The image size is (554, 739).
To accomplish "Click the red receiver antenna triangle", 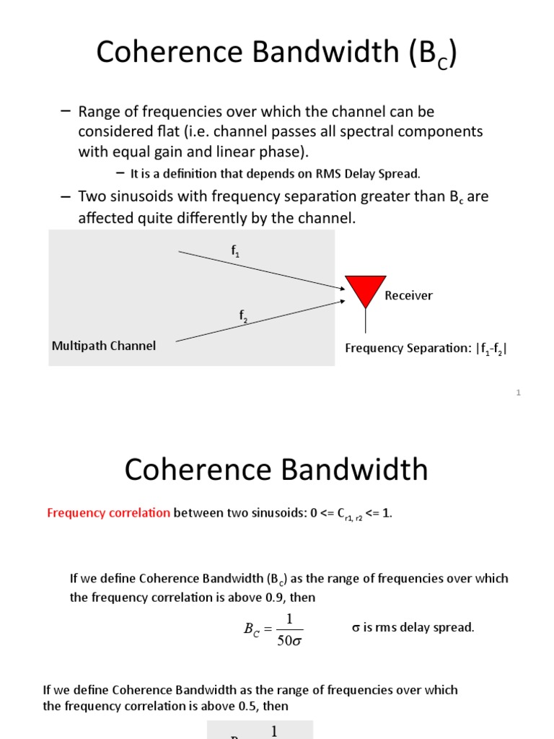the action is click(x=366, y=289).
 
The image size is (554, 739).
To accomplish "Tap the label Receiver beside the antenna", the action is click(x=408, y=295).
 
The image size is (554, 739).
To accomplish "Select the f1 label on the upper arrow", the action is click(x=235, y=252).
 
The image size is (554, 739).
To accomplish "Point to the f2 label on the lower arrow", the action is click(x=244, y=315).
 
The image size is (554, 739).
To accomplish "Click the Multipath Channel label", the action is click(x=104, y=346).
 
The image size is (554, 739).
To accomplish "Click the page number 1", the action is click(x=518, y=393).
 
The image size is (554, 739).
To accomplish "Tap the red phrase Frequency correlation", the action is click(x=109, y=513).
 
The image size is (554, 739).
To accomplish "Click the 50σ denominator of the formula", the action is click(x=289, y=640).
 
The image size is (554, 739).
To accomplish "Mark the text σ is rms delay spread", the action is click(x=413, y=627).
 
